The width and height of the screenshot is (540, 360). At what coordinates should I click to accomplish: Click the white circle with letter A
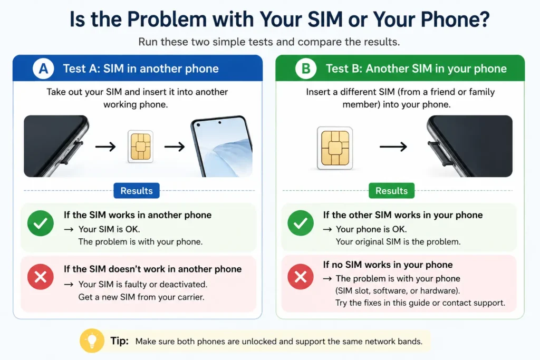tap(43, 69)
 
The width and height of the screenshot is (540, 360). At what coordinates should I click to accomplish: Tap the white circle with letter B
tap(306, 69)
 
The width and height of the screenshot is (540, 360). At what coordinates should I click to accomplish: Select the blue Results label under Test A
tap(137, 191)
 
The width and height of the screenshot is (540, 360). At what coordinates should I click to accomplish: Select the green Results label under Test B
tap(392, 191)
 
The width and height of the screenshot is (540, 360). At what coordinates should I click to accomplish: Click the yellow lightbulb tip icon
tap(92, 340)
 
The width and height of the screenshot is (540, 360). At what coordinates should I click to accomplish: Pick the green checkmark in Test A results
tap(41, 223)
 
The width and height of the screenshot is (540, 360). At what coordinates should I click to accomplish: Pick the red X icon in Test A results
tap(41, 277)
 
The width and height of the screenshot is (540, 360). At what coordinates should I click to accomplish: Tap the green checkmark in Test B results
tap(301, 223)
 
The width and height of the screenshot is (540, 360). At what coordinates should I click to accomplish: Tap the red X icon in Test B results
tap(301, 277)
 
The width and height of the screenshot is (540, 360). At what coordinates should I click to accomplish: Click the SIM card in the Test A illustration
tap(140, 147)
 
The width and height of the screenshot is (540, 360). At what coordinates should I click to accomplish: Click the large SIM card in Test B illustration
tap(335, 148)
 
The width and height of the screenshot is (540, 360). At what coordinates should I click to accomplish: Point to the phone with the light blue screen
tap(222, 147)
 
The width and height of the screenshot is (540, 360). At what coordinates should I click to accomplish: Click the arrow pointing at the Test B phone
tap(393, 147)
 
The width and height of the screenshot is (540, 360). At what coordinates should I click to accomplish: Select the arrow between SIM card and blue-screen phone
tap(175, 147)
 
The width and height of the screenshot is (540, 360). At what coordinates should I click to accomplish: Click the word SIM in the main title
tap(325, 19)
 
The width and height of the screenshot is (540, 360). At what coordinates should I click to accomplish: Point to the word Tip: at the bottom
tap(120, 340)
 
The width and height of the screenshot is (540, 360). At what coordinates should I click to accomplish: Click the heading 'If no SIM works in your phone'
tap(388, 265)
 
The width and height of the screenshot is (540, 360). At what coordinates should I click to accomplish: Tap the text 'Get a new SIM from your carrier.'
tap(141, 297)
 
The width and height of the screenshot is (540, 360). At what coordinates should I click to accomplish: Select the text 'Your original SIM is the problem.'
tap(398, 241)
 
